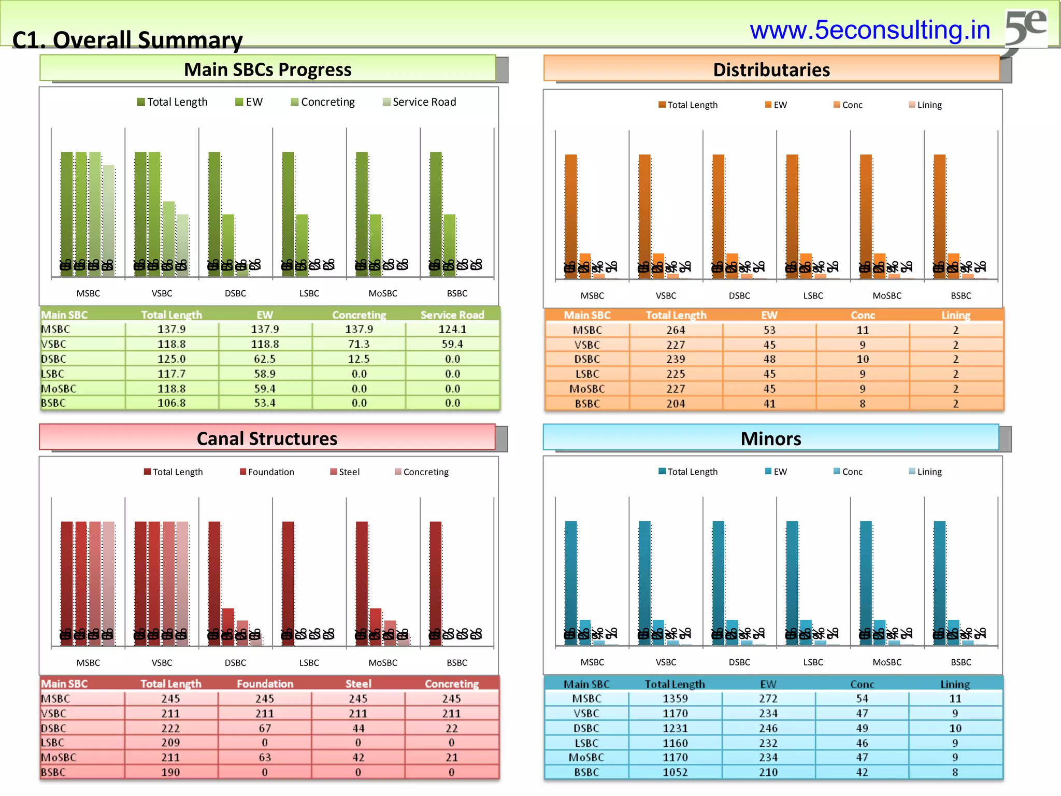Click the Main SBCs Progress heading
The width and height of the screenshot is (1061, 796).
267,69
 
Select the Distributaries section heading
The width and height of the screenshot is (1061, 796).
771,70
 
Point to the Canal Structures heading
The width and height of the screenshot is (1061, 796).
267,438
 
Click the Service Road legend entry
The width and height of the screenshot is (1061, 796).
419,102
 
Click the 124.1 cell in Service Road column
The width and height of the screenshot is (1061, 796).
452,329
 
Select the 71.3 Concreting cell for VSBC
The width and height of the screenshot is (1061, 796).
359,344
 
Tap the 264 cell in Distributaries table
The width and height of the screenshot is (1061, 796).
676,330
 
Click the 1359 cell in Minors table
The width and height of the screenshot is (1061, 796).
675,699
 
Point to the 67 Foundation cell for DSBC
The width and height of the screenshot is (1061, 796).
265,728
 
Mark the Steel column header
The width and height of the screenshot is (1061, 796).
358,684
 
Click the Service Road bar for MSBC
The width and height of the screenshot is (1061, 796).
108,218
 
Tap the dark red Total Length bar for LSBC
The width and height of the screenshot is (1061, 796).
288,580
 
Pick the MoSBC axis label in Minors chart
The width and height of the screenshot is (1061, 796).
887,662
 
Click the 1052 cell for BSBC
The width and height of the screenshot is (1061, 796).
675,772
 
